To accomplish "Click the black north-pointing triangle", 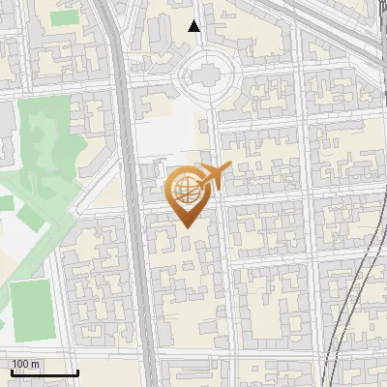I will pos(194,26).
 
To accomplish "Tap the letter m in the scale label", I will pos(36,364).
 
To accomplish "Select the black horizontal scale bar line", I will pos(44,372).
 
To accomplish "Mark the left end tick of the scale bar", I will pos(11,371).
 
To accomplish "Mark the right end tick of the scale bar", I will pos(76,371).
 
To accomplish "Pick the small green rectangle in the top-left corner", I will pos(64,17).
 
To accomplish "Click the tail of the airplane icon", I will pos(226,169).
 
